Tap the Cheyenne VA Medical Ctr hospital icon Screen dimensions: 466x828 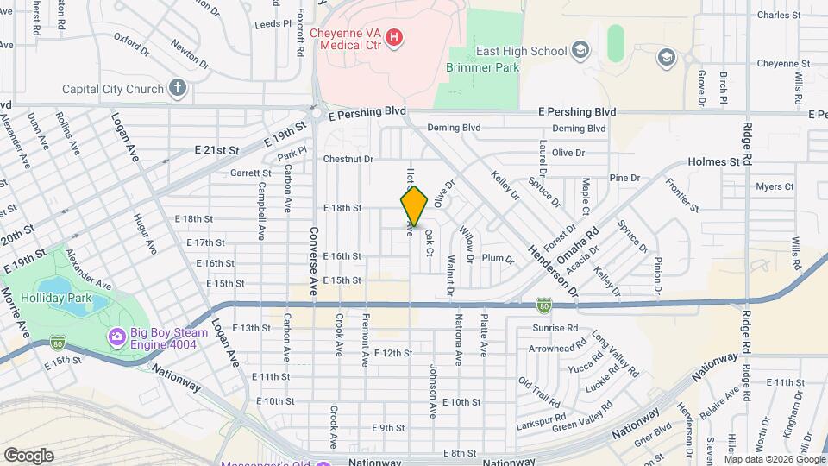[394, 37]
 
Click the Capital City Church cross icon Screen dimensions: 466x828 [177, 88]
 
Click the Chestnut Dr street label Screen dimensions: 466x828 [348, 159]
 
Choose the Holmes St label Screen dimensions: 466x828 [714, 161]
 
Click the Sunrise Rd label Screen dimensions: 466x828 [555, 328]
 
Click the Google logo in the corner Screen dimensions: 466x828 [28, 455]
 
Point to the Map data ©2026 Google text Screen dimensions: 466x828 [774, 458]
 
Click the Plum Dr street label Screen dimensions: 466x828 [499, 259]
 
